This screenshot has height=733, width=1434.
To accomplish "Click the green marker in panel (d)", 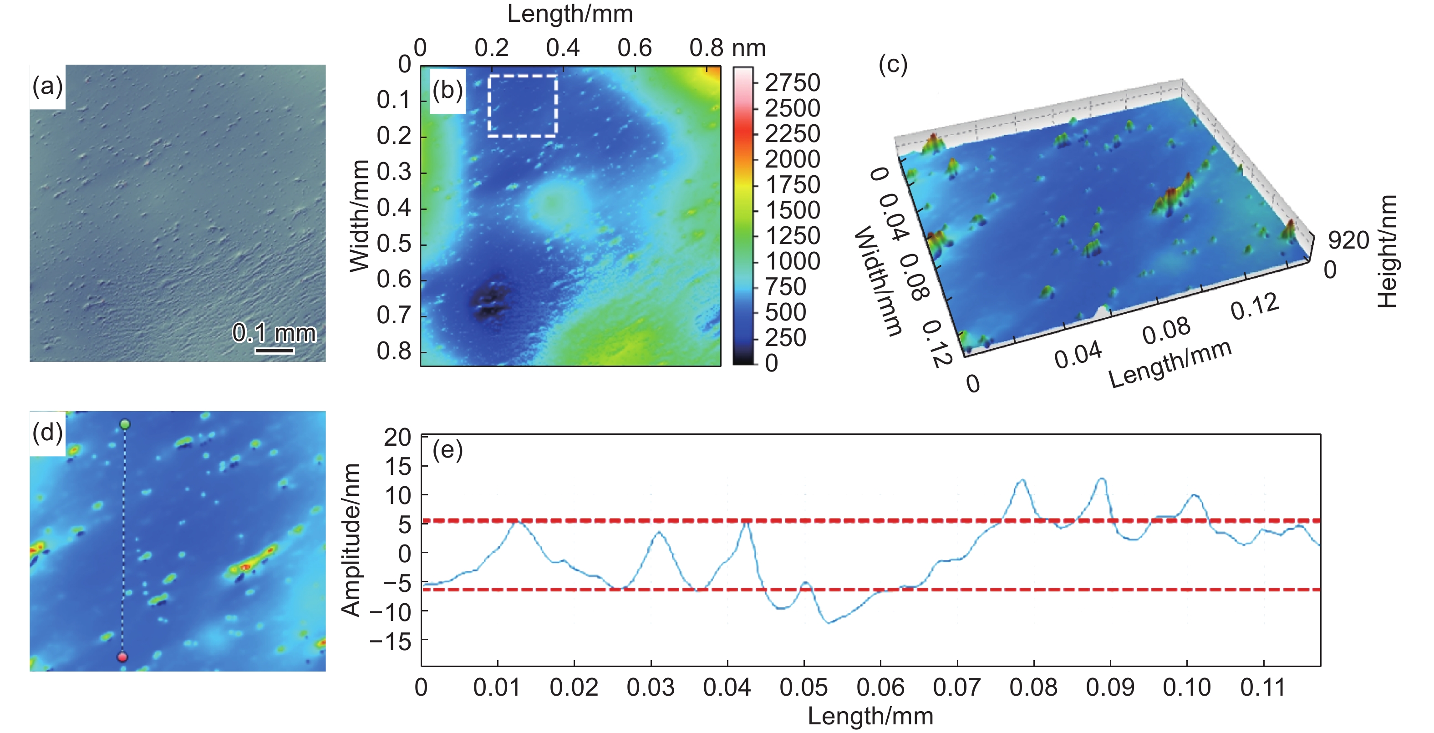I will (125, 425).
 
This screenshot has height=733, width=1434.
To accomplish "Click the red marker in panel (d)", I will (122, 657).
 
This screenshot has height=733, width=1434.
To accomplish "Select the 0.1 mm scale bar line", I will (275, 351).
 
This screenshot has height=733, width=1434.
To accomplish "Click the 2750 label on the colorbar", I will (792, 83).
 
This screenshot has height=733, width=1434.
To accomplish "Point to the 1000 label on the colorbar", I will (792, 261).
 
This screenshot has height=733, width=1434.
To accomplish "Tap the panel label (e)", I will (447, 450).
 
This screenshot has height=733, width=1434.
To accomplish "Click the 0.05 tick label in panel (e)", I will (804, 687).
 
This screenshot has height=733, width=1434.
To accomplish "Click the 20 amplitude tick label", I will (397, 438).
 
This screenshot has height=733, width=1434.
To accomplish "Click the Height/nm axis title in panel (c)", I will (1388, 251).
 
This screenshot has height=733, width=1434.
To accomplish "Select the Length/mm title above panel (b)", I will (570, 14).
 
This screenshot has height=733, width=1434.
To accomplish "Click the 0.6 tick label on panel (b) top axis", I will (635, 48).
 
